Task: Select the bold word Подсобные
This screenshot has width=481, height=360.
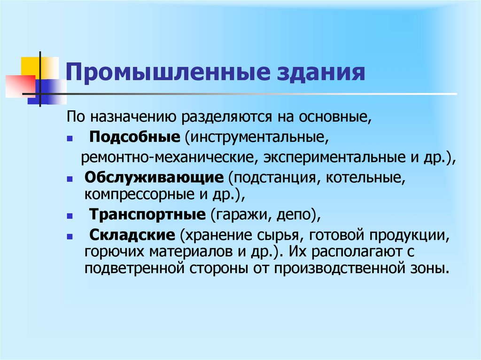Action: click(x=135, y=138)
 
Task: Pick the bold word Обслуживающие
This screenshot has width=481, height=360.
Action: click(x=154, y=178)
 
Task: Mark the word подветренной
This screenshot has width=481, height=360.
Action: click(x=135, y=269)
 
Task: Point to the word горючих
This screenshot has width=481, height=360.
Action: click(x=110, y=252)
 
